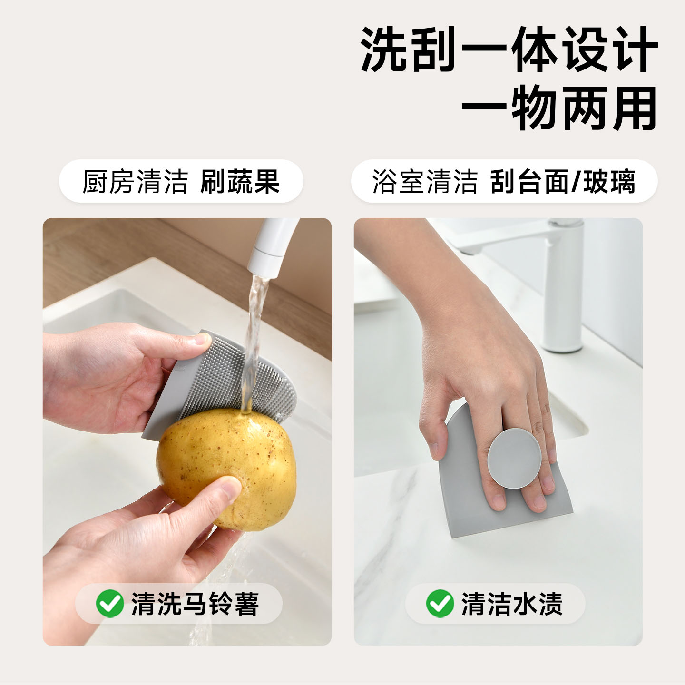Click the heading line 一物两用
pyautogui.click(x=559, y=108)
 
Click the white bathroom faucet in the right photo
pyautogui.click(x=555, y=284)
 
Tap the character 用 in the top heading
pyautogui.click(x=634, y=108)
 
